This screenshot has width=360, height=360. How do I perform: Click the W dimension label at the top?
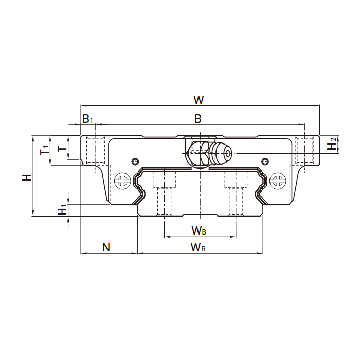pos(199,100)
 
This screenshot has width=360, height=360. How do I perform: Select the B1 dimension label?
pos(87,119)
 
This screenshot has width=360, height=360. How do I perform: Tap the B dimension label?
pos(198,119)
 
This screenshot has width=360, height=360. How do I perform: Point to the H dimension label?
pos(27,177)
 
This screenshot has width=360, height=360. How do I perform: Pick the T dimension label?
pos(62,148)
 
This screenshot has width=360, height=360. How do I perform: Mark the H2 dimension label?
pos(332,143)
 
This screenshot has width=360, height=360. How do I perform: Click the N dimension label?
pos(106,247)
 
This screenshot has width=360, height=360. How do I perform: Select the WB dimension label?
pos(199,231)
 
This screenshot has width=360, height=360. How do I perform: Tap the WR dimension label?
pos(198,247)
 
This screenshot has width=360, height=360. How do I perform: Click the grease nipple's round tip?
pos(227,153)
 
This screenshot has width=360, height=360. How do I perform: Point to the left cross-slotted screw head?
pos(122,181)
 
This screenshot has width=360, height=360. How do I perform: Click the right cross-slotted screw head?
pos(278,181)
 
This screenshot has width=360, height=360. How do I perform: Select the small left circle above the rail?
pos(135,161)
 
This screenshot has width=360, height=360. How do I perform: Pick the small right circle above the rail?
pos(265,161)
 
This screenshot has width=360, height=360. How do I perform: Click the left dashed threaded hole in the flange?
pos(96,150)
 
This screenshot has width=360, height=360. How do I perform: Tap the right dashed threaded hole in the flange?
pos(304,150)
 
